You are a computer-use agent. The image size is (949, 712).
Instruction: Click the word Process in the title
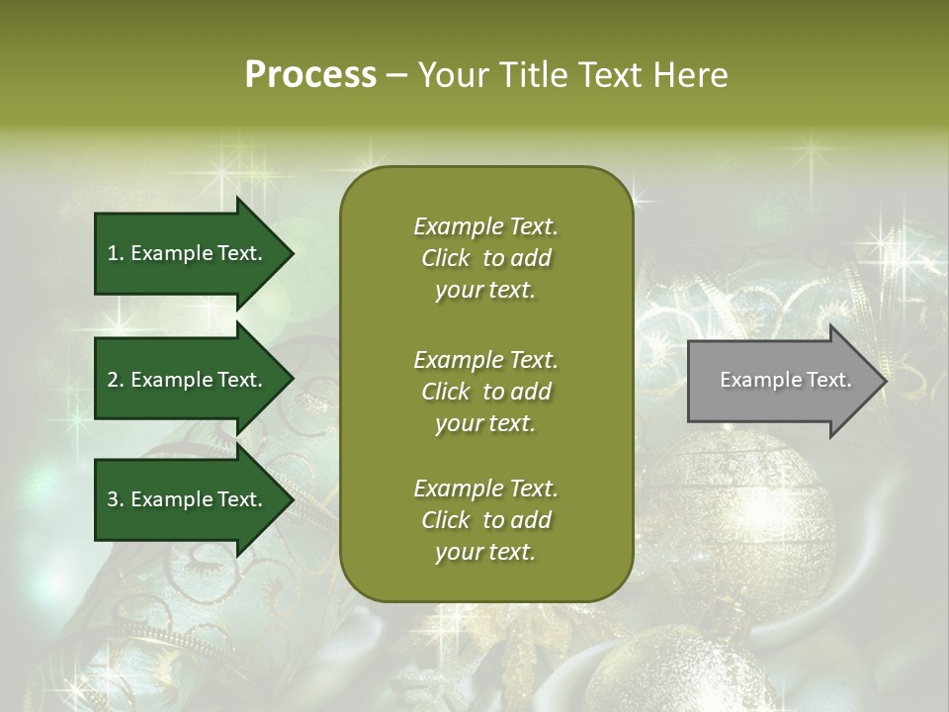pos(310,75)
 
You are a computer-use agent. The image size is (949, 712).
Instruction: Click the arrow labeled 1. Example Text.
pos(185,253)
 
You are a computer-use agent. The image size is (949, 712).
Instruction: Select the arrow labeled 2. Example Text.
pos(185,380)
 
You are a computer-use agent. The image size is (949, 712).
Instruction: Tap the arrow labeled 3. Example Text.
pos(185,499)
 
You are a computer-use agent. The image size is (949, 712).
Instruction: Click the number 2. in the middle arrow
pos(116,380)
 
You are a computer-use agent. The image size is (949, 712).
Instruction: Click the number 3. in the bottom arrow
pos(116,499)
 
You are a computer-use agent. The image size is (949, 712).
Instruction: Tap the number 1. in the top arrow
pos(115,253)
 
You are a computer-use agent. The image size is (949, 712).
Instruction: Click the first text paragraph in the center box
pos(485,258)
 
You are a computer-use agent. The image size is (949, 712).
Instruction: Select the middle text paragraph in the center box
pos(485,392)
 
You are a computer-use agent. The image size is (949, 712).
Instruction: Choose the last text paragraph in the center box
pos(485,520)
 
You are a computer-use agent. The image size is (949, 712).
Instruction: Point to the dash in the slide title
pos(396,76)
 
